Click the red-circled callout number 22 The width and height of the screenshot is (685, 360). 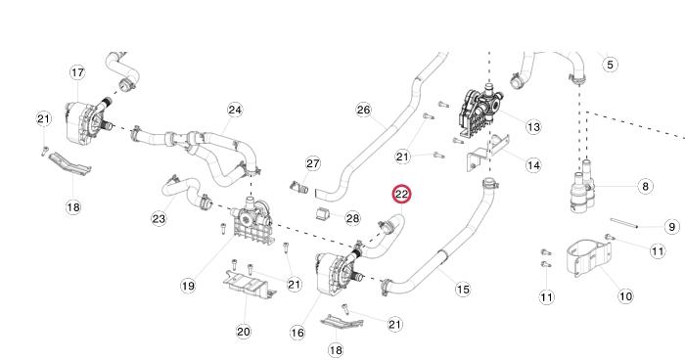point(401,195)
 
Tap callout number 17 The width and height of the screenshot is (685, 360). point(77,72)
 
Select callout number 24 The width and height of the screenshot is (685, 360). point(235,110)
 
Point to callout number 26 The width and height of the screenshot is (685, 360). point(364,110)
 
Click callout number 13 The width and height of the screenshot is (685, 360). point(533,127)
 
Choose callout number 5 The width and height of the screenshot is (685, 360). point(611,65)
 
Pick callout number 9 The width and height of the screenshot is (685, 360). point(672,227)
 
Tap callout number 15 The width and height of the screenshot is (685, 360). point(463,290)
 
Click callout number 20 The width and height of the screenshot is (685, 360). point(244,332)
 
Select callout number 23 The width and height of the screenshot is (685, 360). point(159,218)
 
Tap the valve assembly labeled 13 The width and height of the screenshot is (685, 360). point(480,111)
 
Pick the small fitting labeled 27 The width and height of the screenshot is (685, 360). point(299,188)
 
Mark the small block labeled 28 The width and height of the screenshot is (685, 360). point(322,214)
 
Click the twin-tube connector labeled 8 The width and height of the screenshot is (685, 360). point(583,187)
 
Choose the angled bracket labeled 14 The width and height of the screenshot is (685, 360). point(489,153)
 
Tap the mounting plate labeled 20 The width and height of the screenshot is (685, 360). point(249,284)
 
